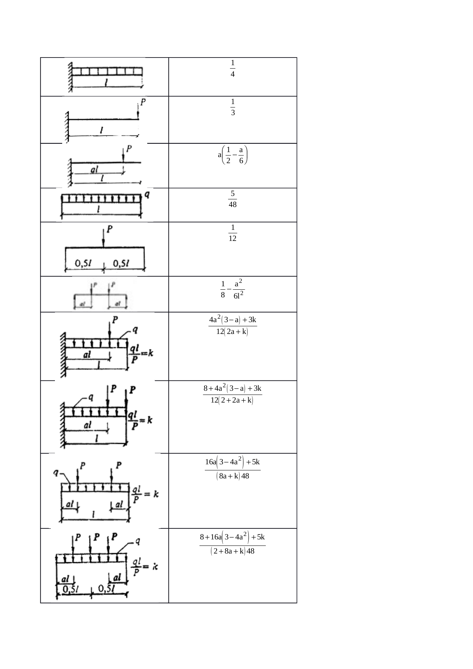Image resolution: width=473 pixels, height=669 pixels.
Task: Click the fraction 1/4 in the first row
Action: pyautogui.click(x=233, y=69)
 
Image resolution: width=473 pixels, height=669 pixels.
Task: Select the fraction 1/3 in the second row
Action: pyautogui.click(x=233, y=107)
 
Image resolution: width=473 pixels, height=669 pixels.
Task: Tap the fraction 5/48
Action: pyautogui.click(x=233, y=199)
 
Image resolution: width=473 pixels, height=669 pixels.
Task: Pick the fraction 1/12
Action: pyautogui.click(x=233, y=233)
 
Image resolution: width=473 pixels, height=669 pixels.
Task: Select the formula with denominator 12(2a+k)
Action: pyautogui.click(x=233, y=326)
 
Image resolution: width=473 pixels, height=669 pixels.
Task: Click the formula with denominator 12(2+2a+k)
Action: pyautogui.click(x=233, y=394)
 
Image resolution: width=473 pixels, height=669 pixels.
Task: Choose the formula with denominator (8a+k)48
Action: pyautogui.click(x=233, y=469)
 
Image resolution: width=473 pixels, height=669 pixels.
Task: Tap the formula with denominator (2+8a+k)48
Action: pyautogui.click(x=233, y=544)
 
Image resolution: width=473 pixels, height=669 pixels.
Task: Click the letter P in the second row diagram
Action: pyautogui.click(x=143, y=102)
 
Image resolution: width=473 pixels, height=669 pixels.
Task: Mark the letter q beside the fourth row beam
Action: pyautogui.click(x=147, y=194)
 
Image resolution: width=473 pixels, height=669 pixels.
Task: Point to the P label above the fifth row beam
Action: pyautogui.click(x=109, y=229)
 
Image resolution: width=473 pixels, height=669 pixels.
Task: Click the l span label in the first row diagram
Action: pyautogui.click(x=106, y=82)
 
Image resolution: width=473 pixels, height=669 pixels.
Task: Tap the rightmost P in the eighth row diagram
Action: pyautogui.click(x=132, y=390)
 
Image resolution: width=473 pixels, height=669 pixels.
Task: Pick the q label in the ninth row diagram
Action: pyautogui.click(x=56, y=473)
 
